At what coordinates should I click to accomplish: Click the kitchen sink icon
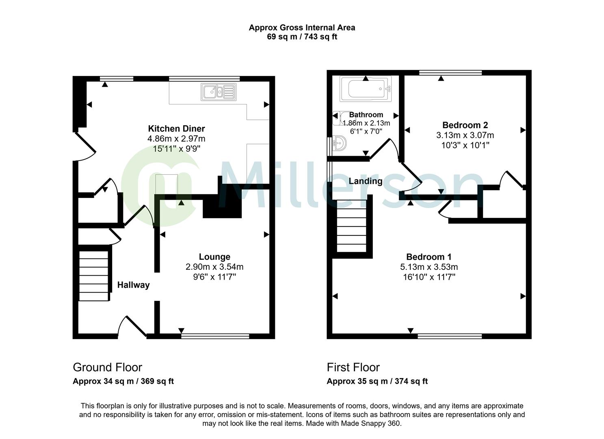click(219, 91)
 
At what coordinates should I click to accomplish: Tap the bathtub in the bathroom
click(366, 89)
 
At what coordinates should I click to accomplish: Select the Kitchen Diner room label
click(176, 129)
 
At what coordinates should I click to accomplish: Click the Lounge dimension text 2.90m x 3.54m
click(214, 267)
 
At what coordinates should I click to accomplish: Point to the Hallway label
click(133, 285)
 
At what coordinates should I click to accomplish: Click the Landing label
click(366, 181)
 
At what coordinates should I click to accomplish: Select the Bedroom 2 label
click(465, 125)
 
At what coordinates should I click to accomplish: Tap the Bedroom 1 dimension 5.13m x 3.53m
click(429, 267)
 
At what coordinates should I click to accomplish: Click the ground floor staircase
click(94, 276)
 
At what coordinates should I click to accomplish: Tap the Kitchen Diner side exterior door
click(84, 147)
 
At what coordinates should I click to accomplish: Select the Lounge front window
click(215, 336)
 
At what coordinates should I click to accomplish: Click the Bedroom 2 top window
click(450, 73)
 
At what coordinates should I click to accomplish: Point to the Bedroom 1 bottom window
click(449, 336)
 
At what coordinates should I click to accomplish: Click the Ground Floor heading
click(107, 367)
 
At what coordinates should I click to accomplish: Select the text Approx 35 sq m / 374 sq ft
click(377, 381)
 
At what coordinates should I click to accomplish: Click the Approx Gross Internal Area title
click(302, 28)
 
